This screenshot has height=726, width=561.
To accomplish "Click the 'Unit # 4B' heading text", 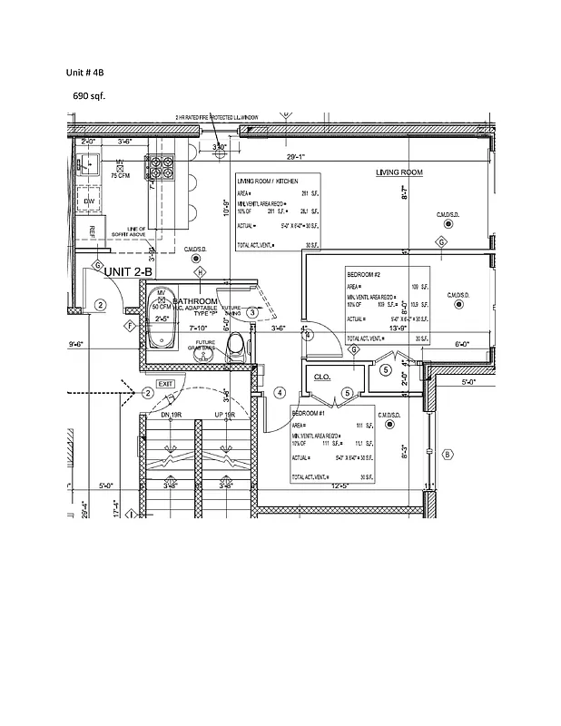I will point(85,72).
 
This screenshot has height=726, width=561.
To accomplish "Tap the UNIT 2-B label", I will point(130,271).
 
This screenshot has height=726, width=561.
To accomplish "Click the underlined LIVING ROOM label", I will point(399,172).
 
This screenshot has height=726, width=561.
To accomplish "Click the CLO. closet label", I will point(321,377).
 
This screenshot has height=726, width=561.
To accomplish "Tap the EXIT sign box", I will point(165,384).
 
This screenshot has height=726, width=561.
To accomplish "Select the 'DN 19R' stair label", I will point(172,415).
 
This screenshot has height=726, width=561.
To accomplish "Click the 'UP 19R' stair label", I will point(224,415).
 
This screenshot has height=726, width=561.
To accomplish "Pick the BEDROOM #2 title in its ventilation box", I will point(363,274).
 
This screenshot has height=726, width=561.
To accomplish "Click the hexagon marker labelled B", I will point(447,454).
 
